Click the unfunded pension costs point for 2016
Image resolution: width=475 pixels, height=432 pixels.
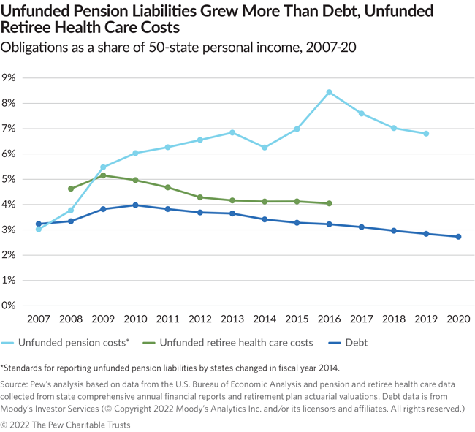pos(329,92)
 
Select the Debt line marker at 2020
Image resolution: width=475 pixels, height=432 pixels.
pos(458,237)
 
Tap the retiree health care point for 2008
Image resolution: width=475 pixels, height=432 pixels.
pos(71,189)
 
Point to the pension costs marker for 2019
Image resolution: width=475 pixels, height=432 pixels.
pos(426,134)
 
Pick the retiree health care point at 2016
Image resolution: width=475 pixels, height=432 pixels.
pos(329,203)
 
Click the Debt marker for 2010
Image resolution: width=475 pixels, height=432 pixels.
pos(135,205)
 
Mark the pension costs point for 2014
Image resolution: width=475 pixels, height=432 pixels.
pos(265,148)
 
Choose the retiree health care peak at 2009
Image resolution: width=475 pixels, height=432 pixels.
pos(103,175)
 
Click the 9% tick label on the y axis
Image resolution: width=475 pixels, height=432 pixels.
pos(10,77)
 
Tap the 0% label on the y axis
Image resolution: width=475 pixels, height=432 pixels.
pos(10,306)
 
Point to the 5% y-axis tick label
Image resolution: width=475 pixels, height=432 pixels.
pos(10,179)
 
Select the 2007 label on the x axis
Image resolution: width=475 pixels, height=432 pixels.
pos(38,320)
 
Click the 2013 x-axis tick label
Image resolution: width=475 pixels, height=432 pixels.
pos(232,320)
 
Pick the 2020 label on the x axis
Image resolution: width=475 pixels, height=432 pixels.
pos(458,320)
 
